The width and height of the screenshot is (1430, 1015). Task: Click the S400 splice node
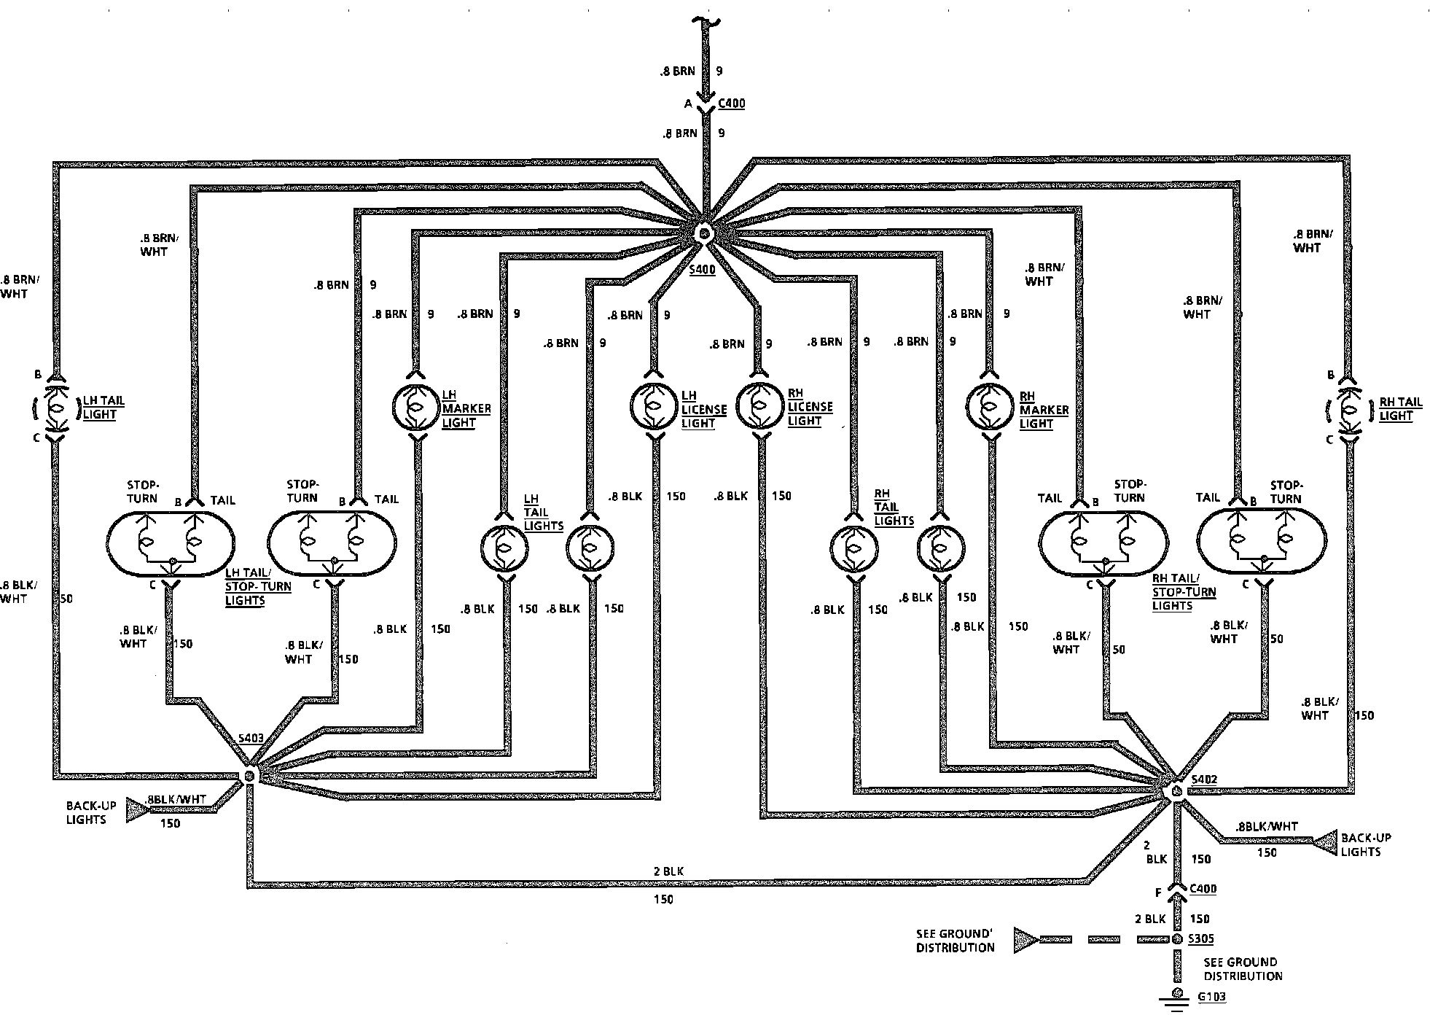click(704, 234)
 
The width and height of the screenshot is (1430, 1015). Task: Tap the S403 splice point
click(249, 775)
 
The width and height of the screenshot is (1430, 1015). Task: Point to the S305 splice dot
click(1176, 939)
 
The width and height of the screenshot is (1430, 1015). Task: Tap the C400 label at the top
click(732, 104)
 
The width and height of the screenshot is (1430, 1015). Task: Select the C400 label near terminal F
click(1203, 889)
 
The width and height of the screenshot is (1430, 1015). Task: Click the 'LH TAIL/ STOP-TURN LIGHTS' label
click(258, 586)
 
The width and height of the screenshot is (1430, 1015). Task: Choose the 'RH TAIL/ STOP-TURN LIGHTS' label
click(1184, 591)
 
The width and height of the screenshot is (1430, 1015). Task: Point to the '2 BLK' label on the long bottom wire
click(668, 871)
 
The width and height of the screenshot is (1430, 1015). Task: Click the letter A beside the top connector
click(687, 104)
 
